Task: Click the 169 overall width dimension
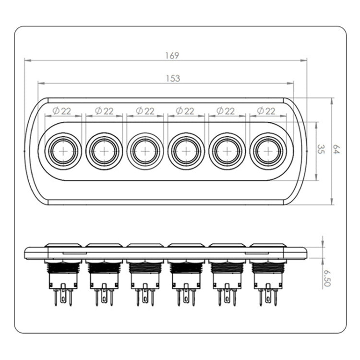point(174,56)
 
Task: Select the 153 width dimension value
point(174,79)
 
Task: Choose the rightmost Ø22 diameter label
point(266,111)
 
